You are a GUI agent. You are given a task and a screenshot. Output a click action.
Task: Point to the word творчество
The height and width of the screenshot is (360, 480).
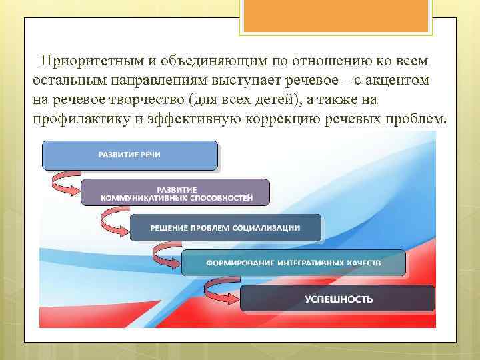point(151,99)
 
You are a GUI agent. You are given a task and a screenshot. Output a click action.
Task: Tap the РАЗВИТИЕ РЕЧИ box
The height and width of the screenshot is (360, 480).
point(130,155)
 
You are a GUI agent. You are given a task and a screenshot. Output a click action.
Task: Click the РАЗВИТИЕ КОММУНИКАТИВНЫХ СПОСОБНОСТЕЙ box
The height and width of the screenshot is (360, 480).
point(176,192)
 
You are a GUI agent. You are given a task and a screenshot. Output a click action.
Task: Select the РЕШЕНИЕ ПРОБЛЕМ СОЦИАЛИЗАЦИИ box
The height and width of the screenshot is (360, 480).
point(225,227)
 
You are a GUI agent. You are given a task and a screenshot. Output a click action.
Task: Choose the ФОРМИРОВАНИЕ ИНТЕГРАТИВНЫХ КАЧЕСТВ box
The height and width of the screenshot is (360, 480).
point(293,263)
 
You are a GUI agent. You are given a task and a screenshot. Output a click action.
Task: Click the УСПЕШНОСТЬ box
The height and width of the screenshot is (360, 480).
point(338,299)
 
